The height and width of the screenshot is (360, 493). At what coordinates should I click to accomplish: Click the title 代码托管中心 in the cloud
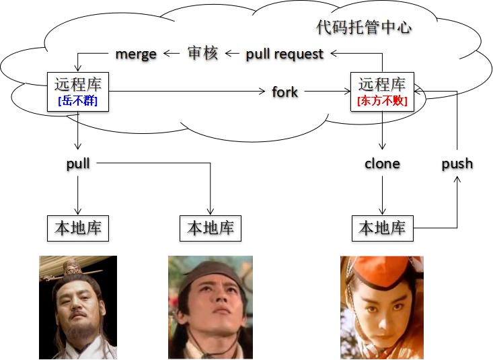tap(363, 28)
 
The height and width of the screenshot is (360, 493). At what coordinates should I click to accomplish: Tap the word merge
tap(136, 54)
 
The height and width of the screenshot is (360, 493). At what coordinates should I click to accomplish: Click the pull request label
tap(285, 54)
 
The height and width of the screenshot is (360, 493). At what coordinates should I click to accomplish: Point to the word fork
tap(285, 92)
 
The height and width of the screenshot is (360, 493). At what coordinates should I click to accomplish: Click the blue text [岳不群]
tap(78, 102)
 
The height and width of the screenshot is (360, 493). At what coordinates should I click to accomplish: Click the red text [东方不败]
tap(382, 102)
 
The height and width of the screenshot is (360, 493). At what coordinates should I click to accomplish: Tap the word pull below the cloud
tap(78, 164)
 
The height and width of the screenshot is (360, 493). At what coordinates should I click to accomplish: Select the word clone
tap(382, 164)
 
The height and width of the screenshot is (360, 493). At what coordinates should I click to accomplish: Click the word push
tap(457, 164)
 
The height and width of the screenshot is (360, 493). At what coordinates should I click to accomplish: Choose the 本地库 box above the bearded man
tap(78, 228)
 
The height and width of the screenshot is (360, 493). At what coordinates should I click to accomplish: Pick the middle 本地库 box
tap(211, 228)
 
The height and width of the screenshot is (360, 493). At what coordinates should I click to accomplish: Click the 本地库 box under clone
tap(382, 228)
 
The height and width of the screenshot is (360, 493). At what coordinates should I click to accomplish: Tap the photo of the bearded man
tap(78, 307)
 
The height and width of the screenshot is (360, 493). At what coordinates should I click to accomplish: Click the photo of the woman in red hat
tap(382, 307)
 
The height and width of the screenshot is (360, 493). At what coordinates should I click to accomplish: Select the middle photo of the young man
tap(211, 307)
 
